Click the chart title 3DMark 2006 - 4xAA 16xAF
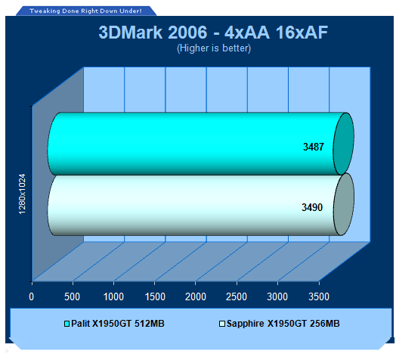(213, 33)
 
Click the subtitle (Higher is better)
(214, 48)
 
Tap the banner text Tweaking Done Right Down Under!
(85, 11)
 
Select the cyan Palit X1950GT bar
(201, 144)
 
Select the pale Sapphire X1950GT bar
(201, 205)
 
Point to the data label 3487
(314, 147)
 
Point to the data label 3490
(312, 207)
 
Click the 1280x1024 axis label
(23, 194)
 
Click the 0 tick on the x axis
(31, 297)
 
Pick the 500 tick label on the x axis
(73, 297)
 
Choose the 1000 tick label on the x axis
(113, 297)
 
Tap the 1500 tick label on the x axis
(155, 297)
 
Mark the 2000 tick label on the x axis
(196, 297)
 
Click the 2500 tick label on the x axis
(237, 297)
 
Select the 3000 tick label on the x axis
(277, 297)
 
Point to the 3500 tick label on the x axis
(319, 297)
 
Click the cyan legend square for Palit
(67, 324)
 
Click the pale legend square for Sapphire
(222, 324)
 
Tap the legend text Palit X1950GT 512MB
(118, 324)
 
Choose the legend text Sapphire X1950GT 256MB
(283, 324)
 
